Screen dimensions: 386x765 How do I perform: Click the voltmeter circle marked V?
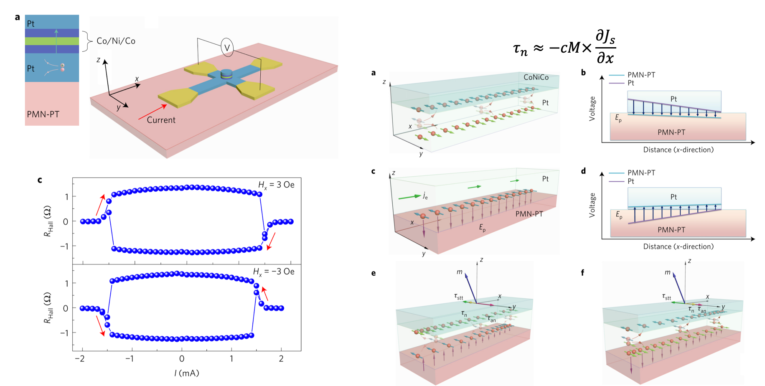point(227,48)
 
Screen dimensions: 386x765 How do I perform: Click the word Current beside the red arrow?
point(161,120)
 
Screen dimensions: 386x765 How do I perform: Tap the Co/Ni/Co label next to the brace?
point(116,41)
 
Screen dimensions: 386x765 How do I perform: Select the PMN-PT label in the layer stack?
point(43,114)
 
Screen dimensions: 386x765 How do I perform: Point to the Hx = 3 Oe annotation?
point(276,185)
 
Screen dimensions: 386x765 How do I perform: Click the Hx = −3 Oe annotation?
point(274,272)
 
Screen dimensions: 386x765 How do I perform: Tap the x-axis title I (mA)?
point(186,373)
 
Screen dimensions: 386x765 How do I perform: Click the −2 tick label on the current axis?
point(80,358)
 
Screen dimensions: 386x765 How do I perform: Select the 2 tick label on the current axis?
point(281,358)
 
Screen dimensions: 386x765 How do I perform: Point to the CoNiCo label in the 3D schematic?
point(536,77)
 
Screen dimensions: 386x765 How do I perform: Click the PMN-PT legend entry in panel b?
point(641,75)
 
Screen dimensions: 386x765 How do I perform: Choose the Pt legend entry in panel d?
point(630,181)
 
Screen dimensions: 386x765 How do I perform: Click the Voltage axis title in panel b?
point(592,109)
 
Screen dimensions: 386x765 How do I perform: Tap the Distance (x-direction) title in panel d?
point(678,246)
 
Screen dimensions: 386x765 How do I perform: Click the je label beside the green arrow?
point(425,196)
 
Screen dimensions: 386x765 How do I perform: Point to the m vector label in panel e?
point(460,272)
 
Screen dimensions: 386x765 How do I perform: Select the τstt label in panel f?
point(666,297)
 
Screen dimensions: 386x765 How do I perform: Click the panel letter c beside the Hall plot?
point(40,180)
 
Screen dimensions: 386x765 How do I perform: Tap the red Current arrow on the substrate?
point(152,112)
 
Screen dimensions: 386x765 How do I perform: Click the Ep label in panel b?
point(618,118)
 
